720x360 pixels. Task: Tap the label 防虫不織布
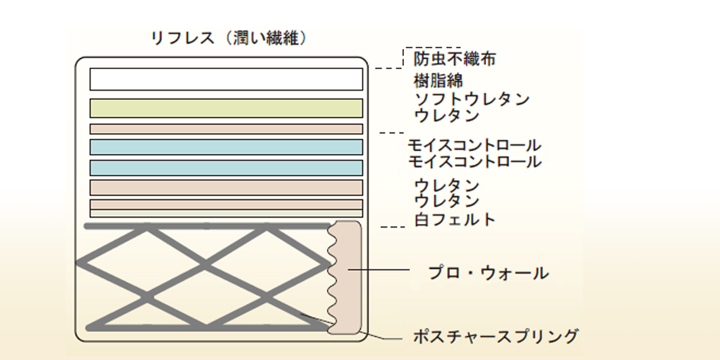point(454,58)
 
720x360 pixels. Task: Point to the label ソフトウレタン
point(472,98)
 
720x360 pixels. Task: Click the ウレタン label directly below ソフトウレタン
point(446,114)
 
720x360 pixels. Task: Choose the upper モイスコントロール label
point(474,145)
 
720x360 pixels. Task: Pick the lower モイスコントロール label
point(474,161)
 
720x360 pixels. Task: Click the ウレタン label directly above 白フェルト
point(446,200)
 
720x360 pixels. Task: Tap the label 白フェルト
point(454,219)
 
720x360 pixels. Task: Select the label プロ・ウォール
point(488,273)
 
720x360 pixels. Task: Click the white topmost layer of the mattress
point(226,78)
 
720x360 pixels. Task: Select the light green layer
point(226,108)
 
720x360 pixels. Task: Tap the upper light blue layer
point(226,147)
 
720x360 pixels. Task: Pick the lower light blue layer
point(226,168)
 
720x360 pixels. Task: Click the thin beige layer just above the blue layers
point(226,129)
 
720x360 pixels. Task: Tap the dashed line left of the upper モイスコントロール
point(392,133)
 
